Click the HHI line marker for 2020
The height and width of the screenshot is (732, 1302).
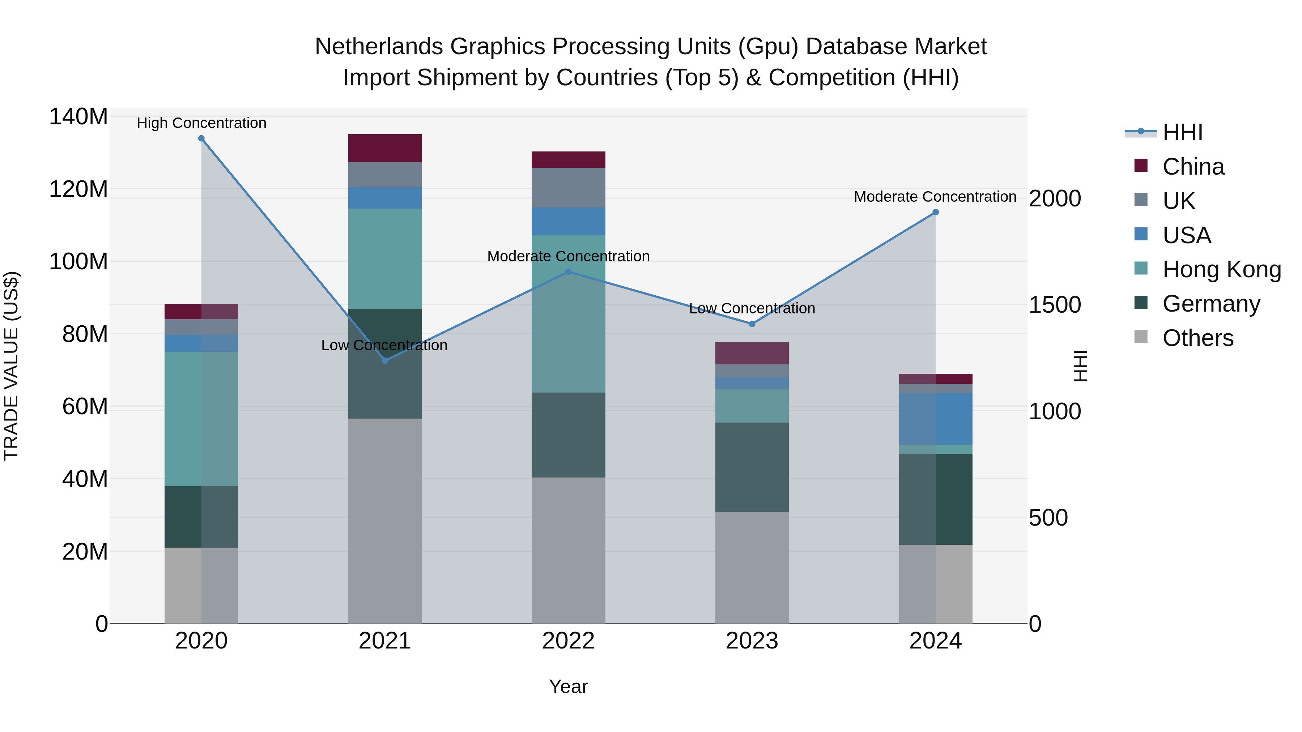201,138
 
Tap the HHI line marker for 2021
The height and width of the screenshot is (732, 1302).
385,361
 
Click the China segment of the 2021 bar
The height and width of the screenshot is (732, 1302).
385,148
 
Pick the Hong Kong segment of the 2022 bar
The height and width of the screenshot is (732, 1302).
568,313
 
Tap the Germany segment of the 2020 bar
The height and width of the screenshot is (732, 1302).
201,517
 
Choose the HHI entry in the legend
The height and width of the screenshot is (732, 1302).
1182,132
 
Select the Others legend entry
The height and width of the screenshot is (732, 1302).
1197,338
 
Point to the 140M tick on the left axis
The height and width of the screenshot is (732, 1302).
78,117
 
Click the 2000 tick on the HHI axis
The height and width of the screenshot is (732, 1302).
1055,198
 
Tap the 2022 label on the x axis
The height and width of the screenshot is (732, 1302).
568,641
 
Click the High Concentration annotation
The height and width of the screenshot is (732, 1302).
201,123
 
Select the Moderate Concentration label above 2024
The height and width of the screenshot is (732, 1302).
935,197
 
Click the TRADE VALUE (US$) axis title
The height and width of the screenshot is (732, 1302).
11,366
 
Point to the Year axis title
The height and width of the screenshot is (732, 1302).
568,686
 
